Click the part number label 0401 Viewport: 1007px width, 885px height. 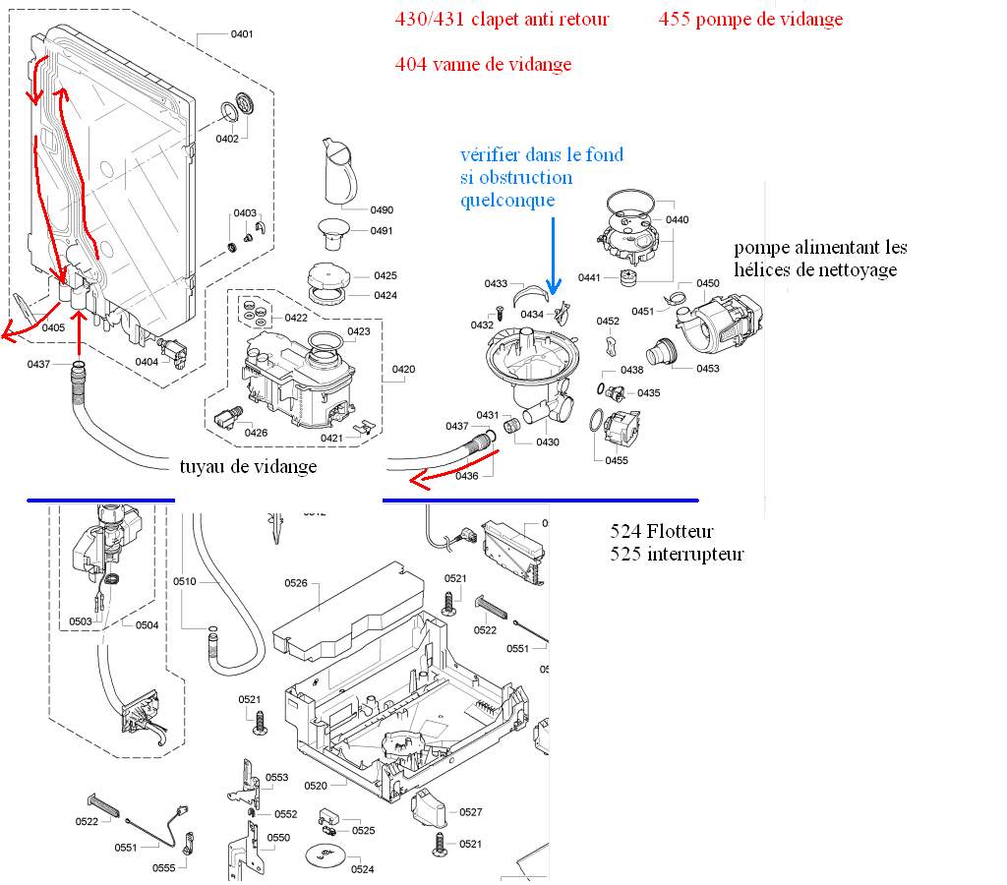242,34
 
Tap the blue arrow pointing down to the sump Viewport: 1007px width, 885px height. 553,257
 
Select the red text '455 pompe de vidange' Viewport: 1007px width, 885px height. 750,20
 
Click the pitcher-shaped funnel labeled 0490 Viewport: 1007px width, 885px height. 339,171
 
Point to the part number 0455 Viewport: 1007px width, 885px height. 616,460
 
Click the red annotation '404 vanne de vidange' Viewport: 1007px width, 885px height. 483,64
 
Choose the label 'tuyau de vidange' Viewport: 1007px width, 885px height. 248,467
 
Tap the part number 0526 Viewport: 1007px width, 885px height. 295,583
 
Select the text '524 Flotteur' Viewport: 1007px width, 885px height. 661,531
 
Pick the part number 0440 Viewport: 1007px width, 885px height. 677,219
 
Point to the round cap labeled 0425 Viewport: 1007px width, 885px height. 328,276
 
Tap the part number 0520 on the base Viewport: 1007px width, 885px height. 316,786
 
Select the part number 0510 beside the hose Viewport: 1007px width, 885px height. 184,581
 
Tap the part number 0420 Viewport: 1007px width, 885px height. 403,370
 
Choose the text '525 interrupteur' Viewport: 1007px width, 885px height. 677,555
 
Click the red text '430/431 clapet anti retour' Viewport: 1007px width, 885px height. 502,20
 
